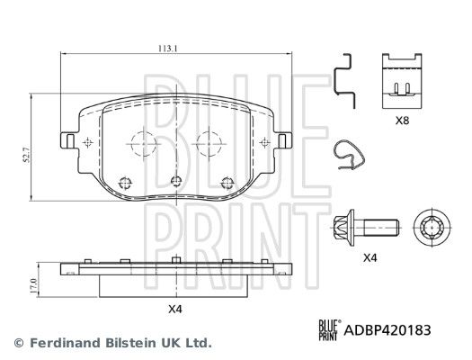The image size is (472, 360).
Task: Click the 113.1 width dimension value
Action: pos(168,49)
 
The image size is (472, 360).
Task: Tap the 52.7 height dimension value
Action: pos(27,155)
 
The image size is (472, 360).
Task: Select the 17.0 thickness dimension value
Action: pos(33,286)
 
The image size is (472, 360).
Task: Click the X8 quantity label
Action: pos(402,121)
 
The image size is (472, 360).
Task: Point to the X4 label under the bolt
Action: pos(370,258)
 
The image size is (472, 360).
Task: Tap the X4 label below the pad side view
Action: pos(175,309)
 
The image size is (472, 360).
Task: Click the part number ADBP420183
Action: pos(387,330)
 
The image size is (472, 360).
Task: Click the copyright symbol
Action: pos(19,343)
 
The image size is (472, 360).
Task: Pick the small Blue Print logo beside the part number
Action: pos(330,330)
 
